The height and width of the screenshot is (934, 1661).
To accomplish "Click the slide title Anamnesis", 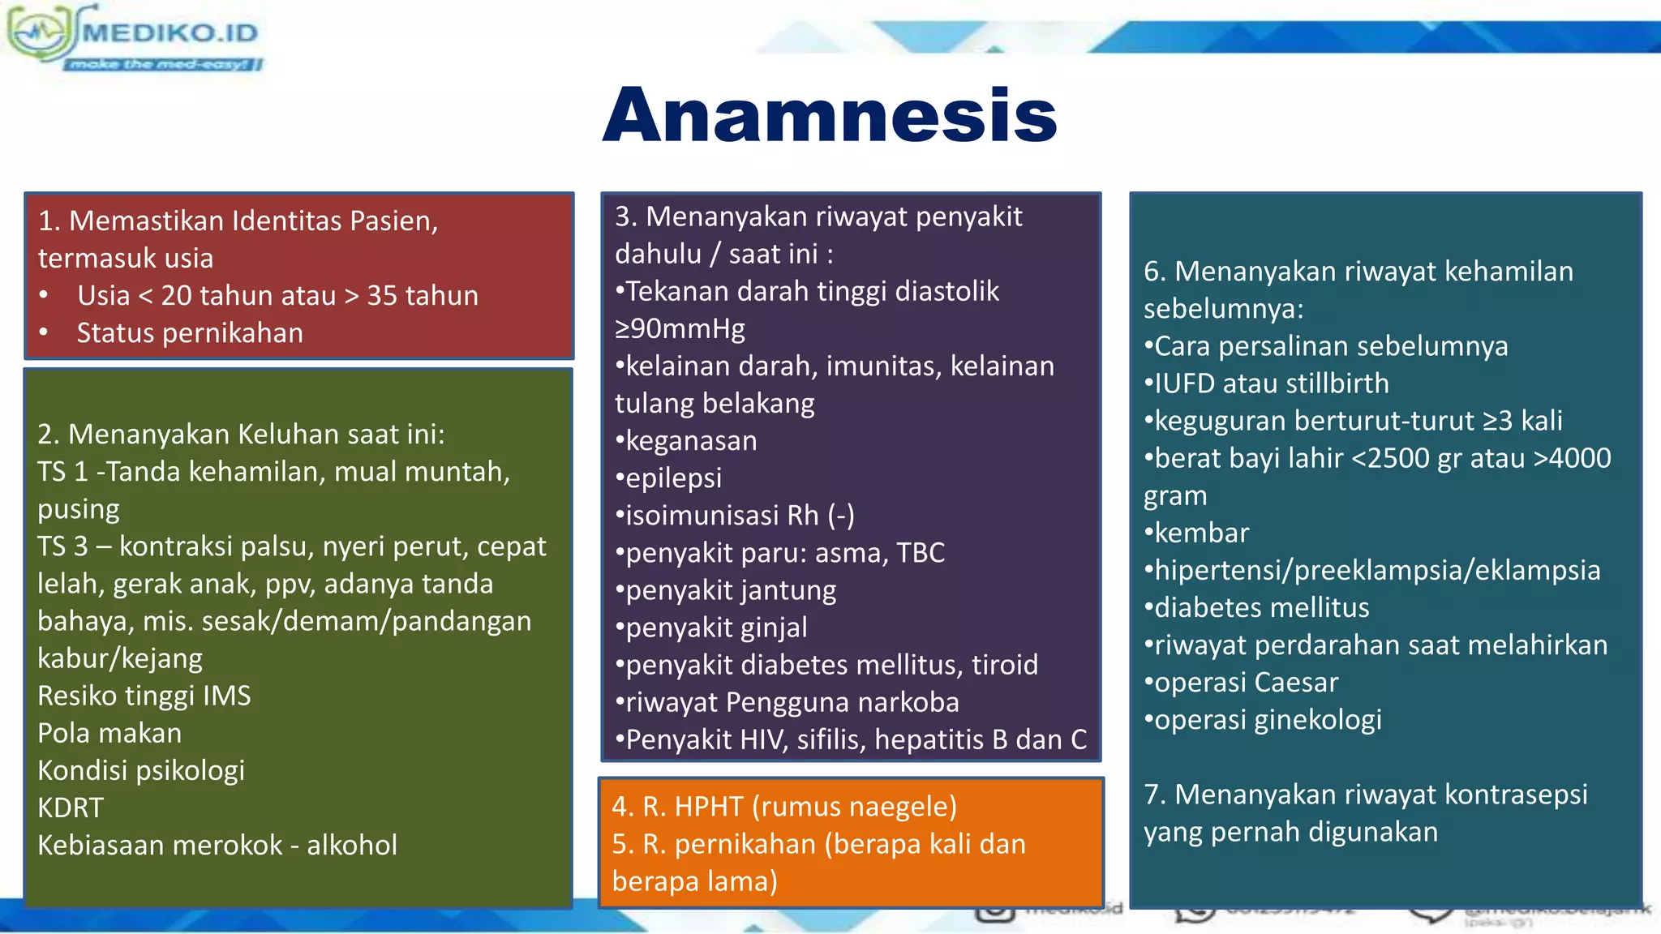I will [830, 115].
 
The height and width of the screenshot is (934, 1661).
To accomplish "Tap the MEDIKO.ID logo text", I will [170, 33].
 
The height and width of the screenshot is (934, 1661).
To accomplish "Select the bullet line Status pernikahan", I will [190, 333].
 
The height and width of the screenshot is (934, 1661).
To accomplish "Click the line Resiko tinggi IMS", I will [144, 696].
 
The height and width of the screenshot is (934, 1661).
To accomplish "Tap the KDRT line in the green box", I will [71, 808].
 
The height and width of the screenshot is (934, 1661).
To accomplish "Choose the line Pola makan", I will [109, 733].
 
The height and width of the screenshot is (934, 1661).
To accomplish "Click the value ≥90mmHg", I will [680, 328].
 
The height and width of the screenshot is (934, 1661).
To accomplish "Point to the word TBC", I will [921, 553].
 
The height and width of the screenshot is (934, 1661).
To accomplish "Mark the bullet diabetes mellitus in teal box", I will [1260, 608].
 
